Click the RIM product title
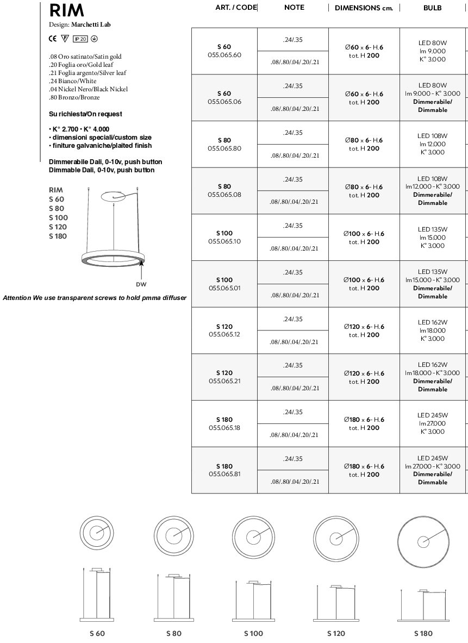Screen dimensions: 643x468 click(x=67, y=10)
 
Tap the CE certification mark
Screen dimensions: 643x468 click(x=52, y=39)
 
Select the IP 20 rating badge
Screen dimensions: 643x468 click(x=80, y=39)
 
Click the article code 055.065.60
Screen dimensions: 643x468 click(x=224, y=55)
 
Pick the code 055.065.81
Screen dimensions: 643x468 click(x=224, y=474)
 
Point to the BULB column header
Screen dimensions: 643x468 click(x=432, y=8)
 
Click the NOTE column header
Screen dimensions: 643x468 click(x=294, y=8)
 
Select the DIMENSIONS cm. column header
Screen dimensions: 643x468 click(x=364, y=8)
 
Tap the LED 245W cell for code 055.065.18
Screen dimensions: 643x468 click(x=432, y=415)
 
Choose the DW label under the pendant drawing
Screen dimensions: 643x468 click(x=141, y=284)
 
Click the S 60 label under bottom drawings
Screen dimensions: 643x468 click(x=97, y=633)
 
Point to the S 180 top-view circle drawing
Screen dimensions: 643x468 click(x=423, y=541)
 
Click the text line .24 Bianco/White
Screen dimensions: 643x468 click(x=72, y=81)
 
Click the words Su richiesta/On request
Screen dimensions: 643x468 click(x=85, y=114)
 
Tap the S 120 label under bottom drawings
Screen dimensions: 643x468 click(x=336, y=633)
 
